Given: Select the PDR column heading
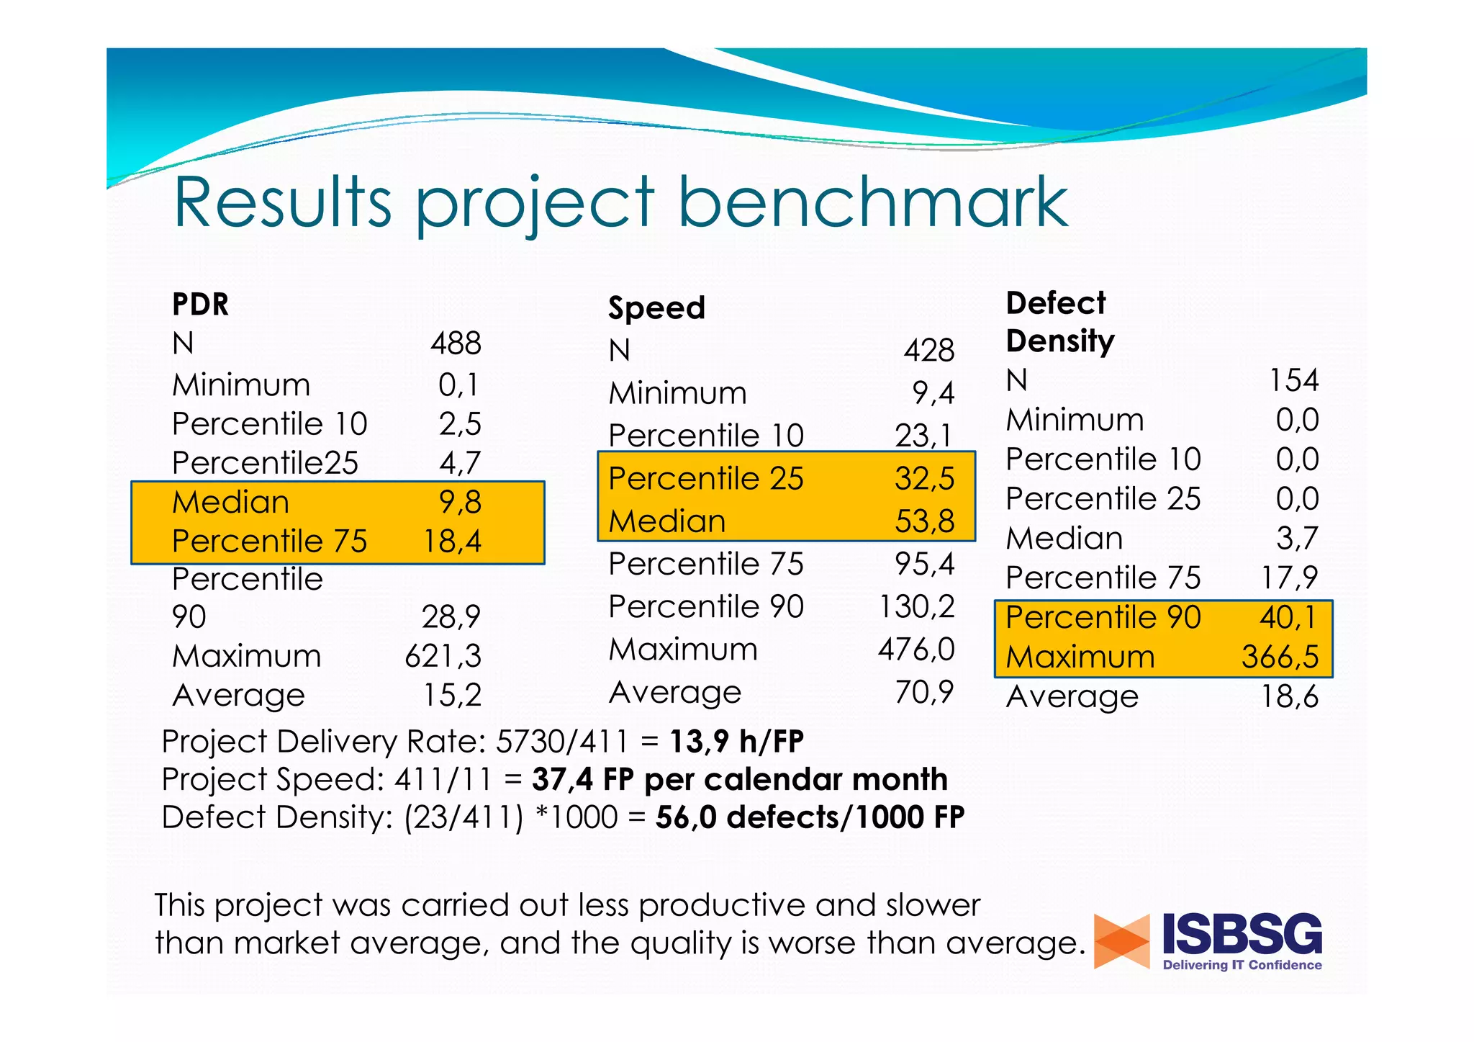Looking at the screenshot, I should click(x=200, y=305).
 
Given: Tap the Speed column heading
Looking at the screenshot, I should click(x=656, y=308).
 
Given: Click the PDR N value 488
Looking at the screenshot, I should click(x=456, y=343).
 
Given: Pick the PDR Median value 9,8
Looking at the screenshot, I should click(x=460, y=502).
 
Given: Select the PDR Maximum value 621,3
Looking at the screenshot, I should click(x=443, y=656).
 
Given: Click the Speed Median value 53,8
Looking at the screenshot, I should click(x=924, y=521).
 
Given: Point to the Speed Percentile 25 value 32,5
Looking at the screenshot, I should click(x=924, y=479).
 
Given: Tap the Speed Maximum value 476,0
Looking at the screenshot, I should click(x=915, y=650).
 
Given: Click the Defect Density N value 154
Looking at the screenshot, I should click(x=1293, y=380).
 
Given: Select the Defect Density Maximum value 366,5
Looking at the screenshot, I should click(x=1280, y=657).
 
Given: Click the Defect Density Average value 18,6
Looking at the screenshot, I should click(x=1289, y=696).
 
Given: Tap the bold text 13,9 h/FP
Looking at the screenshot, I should click(x=736, y=742).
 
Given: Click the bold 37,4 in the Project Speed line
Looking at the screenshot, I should click(x=562, y=780).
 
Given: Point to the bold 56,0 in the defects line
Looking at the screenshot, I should click(x=686, y=818).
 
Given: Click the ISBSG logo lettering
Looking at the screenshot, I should click(x=1242, y=934).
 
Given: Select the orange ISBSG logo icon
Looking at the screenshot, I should click(x=1121, y=941).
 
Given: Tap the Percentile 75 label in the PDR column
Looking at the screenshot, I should click(x=269, y=542).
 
